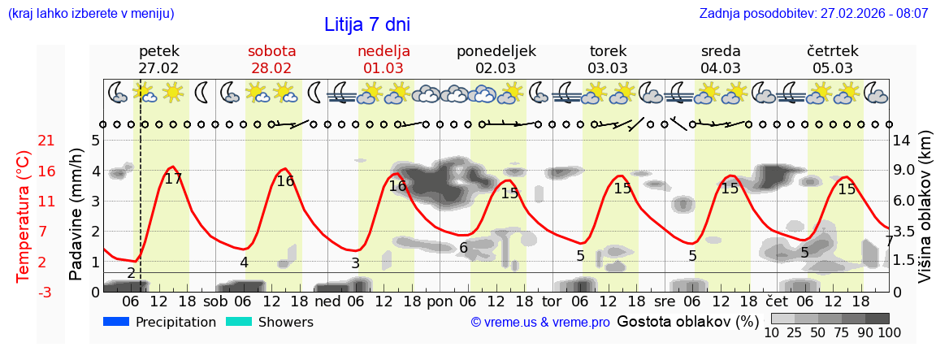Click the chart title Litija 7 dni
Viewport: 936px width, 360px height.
point(361,24)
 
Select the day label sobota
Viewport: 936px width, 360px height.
point(271,51)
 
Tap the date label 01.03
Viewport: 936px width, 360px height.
point(383,68)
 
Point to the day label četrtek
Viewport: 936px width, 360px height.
point(832,51)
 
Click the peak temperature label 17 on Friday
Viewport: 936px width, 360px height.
point(173,179)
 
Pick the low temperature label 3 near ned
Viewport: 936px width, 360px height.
point(355,263)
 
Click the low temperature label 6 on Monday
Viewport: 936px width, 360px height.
point(463,248)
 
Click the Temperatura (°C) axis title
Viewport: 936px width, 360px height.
point(24,215)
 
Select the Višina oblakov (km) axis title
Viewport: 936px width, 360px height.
point(925,207)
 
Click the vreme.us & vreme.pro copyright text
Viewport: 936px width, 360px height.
point(539,323)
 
